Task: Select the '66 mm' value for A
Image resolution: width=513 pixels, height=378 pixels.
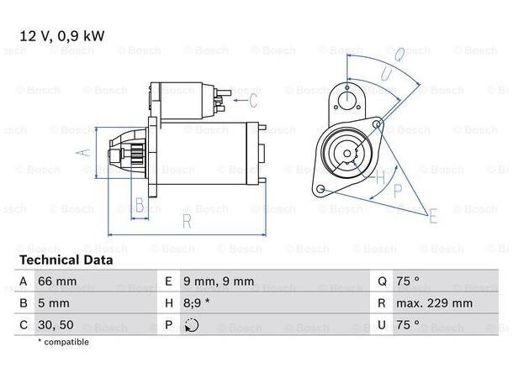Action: [58, 281]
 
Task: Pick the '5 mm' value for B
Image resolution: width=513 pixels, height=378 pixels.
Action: [54, 302]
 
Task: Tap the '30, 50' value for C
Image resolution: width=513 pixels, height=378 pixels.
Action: [56, 324]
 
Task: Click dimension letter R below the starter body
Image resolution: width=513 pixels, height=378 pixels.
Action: [187, 221]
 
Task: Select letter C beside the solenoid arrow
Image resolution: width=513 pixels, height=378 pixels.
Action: [255, 101]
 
